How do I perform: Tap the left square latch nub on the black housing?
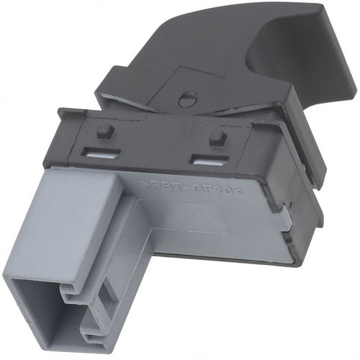(104, 131)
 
